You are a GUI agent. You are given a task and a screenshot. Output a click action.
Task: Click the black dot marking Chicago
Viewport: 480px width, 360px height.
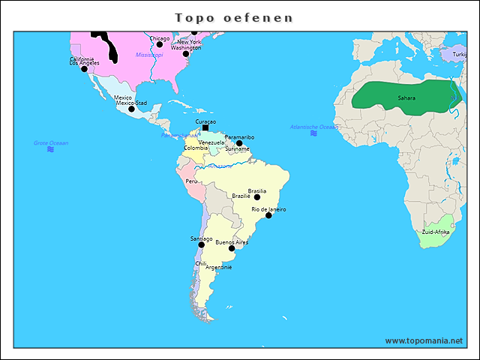click(159, 44)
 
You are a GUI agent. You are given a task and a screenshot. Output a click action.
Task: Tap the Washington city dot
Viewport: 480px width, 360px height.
click(186, 54)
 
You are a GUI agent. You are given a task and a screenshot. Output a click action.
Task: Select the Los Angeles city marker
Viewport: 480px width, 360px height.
click(84, 69)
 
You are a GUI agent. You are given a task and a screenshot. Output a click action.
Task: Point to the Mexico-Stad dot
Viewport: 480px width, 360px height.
click(131, 109)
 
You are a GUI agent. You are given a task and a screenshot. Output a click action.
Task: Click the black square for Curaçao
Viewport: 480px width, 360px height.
click(205, 127)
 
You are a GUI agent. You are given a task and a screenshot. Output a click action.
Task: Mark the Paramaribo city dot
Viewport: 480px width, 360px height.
click(239, 143)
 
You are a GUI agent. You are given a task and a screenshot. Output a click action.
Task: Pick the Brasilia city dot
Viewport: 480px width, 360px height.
click(256, 197)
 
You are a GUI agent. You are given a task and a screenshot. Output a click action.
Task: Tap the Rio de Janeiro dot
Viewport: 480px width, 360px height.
click(268, 215)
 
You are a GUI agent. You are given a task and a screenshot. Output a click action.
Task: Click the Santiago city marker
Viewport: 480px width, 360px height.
click(201, 244)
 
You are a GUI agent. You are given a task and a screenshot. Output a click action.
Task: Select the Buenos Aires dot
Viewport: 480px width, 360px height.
click(231, 248)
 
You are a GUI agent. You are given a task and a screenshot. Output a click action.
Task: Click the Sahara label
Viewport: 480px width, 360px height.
click(406, 98)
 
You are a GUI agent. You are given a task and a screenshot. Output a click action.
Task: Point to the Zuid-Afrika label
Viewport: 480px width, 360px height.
click(436, 232)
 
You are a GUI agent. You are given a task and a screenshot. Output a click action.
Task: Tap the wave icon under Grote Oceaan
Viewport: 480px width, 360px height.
click(50, 149)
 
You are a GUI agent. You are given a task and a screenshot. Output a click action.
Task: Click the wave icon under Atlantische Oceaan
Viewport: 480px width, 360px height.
click(313, 133)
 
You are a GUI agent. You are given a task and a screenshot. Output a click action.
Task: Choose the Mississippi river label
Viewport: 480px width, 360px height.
click(149, 55)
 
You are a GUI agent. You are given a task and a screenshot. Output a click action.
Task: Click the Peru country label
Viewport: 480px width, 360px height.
click(192, 181)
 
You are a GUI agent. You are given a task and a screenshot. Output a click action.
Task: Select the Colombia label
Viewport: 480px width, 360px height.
click(196, 148)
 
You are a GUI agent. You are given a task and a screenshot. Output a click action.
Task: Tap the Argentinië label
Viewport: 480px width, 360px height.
click(219, 267)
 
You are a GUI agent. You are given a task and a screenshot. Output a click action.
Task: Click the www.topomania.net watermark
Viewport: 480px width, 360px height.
click(424, 340)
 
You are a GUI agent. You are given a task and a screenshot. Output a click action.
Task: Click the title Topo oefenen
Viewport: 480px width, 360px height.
click(234, 17)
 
